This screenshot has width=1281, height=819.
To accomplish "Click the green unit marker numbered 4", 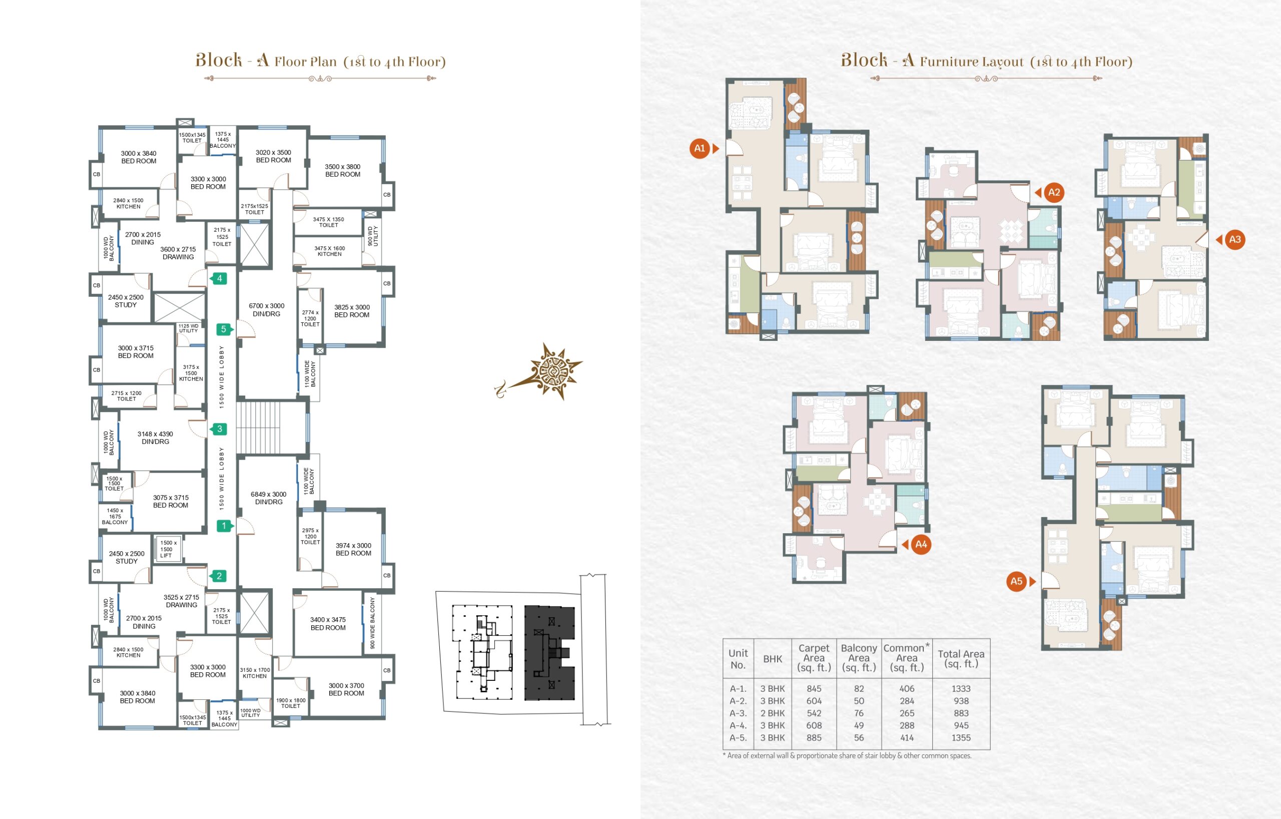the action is (x=219, y=278).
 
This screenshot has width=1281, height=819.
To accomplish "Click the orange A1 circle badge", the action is (x=700, y=149).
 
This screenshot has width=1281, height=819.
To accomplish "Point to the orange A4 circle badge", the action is (x=921, y=544).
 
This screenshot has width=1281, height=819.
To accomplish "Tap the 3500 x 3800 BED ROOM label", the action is (x=343, y=170).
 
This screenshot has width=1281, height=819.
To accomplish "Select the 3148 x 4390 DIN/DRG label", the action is (x=155, y=438).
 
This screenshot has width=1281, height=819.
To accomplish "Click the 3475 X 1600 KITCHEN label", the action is (x=330, y=251).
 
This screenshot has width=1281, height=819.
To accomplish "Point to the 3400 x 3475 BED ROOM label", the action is (x=328, y=624).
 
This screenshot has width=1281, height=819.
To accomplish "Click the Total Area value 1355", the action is (x=961, y=737).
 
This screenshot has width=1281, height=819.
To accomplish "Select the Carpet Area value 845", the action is (x=814, y=689).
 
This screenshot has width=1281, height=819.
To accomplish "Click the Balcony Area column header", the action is (x=859, y=658).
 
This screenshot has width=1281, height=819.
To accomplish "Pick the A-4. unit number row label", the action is (x=738, y=725).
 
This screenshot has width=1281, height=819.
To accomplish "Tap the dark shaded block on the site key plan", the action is (x=549, y=653).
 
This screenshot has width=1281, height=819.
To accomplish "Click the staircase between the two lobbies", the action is (x=258, y=428).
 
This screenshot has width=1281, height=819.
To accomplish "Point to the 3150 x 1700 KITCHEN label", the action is (x=255, y=673).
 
